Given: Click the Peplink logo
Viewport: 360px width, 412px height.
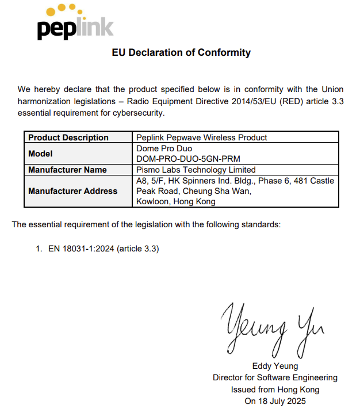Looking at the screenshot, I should click(75, 22).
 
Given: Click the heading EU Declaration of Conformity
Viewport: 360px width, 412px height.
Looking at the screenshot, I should click(181, 53).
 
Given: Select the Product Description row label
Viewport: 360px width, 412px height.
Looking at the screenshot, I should click(68, 138).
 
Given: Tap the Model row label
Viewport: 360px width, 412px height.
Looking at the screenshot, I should click(40, 154).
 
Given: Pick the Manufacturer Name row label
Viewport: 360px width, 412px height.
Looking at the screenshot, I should click(67, 170).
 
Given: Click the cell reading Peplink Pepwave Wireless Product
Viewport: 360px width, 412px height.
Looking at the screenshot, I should click(202, 138).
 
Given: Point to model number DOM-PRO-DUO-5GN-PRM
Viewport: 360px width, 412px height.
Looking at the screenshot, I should click(188, 158).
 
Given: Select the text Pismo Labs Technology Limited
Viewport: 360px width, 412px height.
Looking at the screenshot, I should click(196, 170).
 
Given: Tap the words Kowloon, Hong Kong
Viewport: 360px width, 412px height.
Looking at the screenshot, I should click(176, 201).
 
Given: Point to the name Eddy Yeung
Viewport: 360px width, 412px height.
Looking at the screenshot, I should click(275, 366).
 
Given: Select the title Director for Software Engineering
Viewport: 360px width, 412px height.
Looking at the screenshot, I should click(275, 377).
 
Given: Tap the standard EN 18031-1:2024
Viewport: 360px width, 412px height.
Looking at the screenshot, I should click(81, 249).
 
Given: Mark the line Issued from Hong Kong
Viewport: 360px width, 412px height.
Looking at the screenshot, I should click(275, 389).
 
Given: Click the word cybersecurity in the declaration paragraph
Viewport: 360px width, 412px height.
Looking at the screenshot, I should click(138, 112).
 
